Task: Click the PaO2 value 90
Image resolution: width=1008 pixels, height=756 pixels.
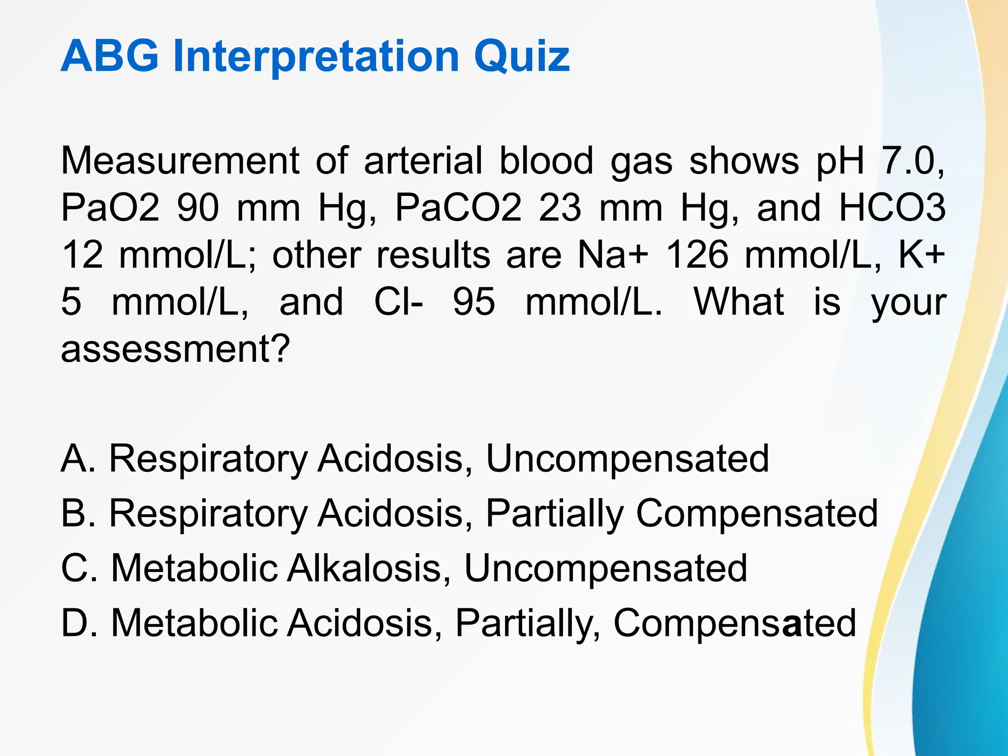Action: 198,208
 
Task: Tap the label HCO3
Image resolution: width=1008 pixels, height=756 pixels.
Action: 892,208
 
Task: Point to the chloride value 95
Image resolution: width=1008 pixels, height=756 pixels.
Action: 474,302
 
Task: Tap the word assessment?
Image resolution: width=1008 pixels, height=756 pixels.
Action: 175,349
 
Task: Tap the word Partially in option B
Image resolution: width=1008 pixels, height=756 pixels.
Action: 555,513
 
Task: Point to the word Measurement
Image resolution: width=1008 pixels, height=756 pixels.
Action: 180,160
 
